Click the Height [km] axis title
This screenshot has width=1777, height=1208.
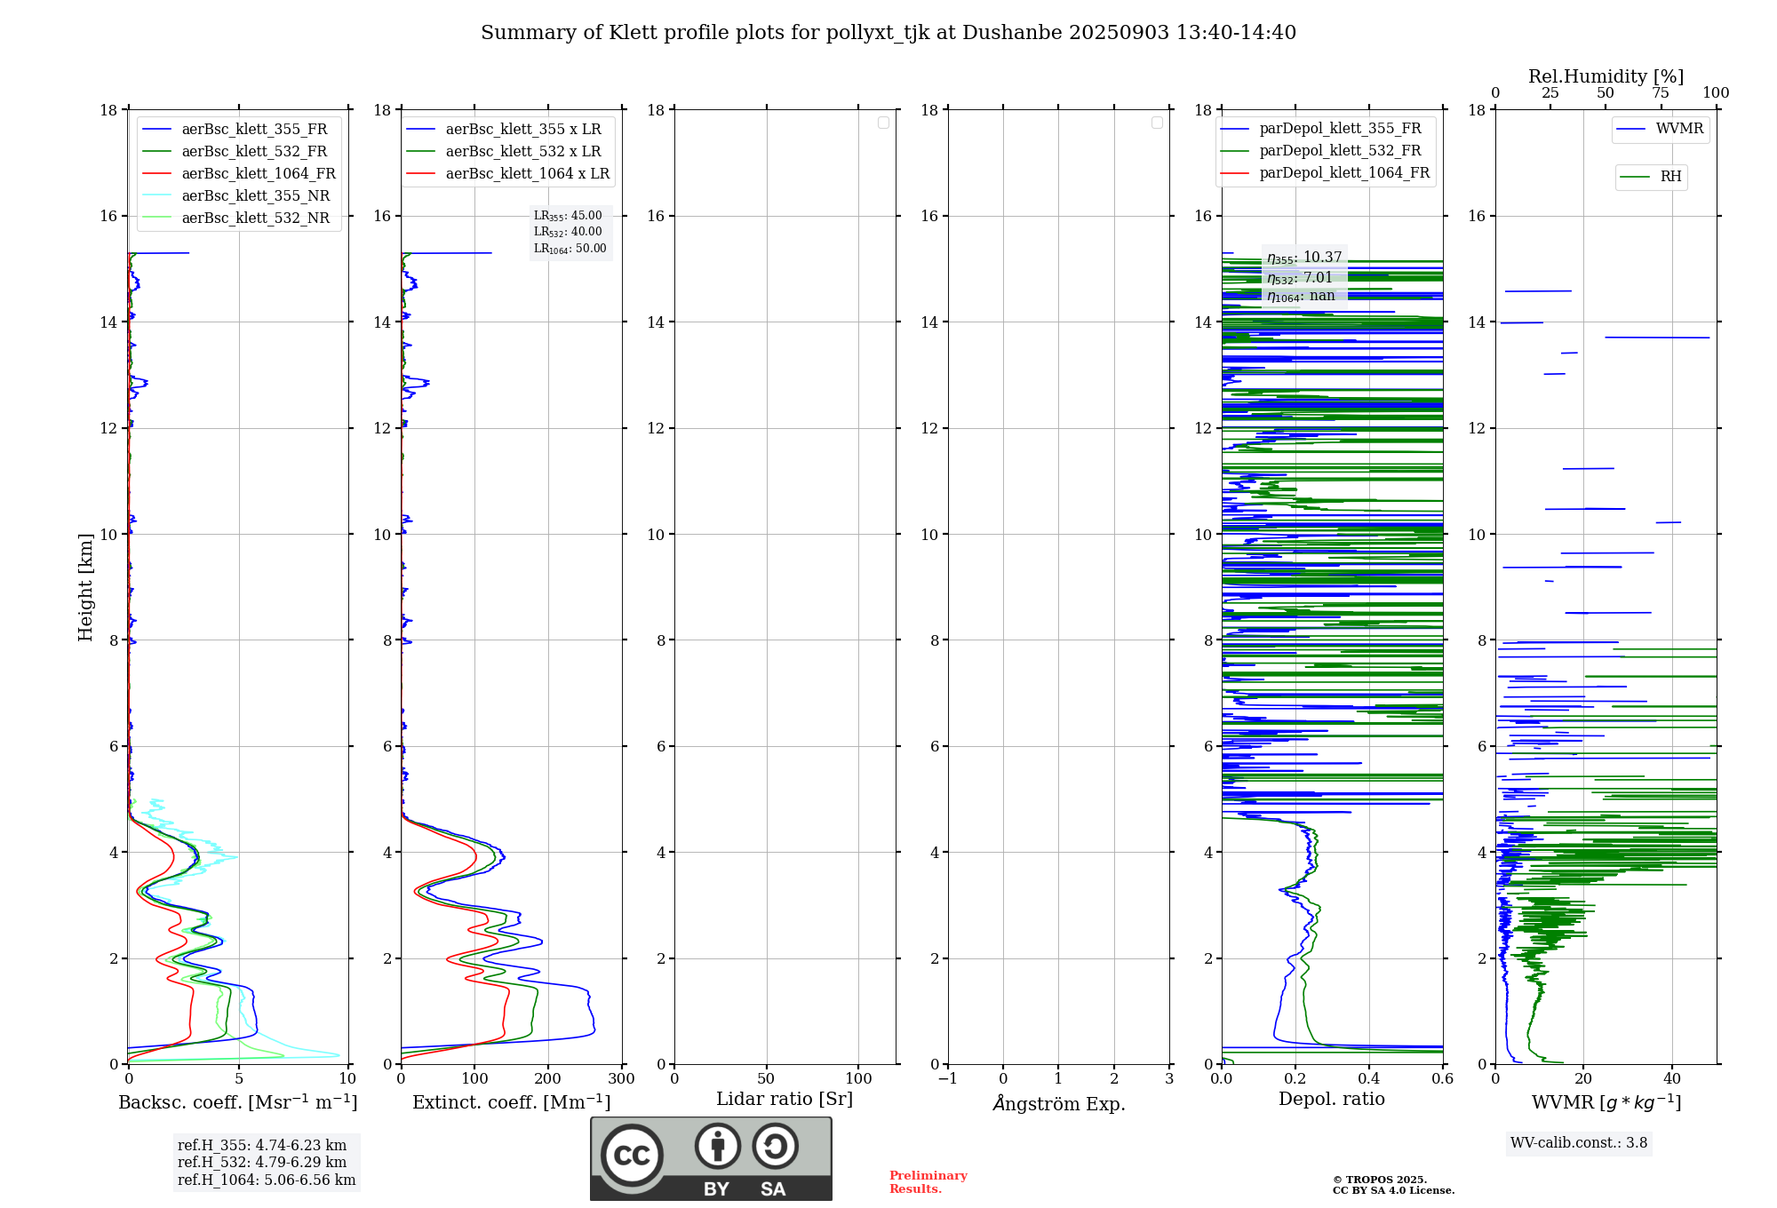pos(85,587)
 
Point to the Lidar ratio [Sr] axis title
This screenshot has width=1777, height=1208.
pos(785,1099)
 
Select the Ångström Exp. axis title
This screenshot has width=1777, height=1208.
pos(1059,1103)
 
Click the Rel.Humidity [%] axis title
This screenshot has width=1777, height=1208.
pos(1606,76)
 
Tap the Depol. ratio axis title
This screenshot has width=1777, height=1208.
pos(1331,1099)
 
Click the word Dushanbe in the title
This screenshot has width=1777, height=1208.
pos(1011,33)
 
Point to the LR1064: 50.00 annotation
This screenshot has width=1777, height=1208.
pos(570,249)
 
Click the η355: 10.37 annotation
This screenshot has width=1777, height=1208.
pos(1303,258)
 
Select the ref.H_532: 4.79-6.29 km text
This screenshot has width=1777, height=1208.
pos(262,1162)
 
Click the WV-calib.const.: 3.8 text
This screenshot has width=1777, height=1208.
pos(1579,1143)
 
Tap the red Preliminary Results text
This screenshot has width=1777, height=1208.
pos(928,1182)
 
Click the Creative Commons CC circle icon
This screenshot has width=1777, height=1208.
pos(632,1156)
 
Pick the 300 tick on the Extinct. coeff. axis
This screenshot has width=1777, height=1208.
pos(621,1078)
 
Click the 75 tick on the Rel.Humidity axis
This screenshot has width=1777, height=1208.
pos(1660,93)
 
